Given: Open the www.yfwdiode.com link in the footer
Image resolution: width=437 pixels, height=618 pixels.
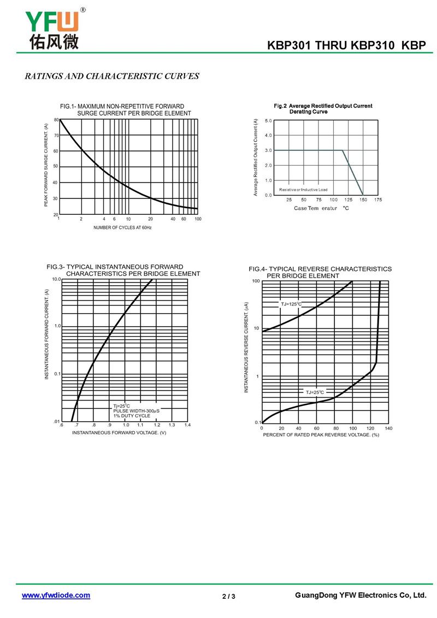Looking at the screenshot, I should click(x=56, y=596).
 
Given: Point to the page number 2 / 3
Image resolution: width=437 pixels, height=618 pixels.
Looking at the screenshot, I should click(x=229, y=596).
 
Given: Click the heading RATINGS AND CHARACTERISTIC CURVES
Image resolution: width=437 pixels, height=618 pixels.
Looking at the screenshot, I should click(x=112, y=76).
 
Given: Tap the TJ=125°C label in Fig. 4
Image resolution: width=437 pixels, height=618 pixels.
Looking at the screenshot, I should click(x=291, y=304).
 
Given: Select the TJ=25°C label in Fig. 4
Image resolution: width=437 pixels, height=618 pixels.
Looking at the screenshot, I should click(x=315, y=392).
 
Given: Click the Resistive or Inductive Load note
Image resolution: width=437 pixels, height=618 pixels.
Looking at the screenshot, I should click(x=303, y=190).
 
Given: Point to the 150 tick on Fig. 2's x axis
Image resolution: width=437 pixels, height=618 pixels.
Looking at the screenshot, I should click(x=363, y=200).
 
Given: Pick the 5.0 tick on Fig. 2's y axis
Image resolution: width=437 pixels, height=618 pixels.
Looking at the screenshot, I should click(x=268, y=120).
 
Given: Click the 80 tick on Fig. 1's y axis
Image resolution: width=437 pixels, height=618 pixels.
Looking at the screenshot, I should click(x=56, y=120).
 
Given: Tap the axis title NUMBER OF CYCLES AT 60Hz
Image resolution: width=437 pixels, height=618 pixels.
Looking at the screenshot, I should click(x=122, y=227).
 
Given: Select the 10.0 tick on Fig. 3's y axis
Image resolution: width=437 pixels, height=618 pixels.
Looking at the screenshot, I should click(x=56, y=279).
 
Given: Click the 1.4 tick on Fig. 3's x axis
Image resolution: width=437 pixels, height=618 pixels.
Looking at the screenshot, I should click(x=187, y=425).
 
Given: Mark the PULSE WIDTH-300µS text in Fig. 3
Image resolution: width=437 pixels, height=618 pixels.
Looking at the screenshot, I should click(x=136, y=411).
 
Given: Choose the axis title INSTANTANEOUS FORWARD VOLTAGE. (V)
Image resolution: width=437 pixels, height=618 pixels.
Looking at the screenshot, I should click(x=119, y=433).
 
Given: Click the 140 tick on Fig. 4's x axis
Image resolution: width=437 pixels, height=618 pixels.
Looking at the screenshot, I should click(x=388, y=428).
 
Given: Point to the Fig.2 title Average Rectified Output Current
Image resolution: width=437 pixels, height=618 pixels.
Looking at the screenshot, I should click(x=323, y=106).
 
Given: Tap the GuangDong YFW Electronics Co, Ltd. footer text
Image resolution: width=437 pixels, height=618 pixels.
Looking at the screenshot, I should click(x=360, y=596).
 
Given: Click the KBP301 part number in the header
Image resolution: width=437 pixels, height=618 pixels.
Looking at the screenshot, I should click(x=288, y=46).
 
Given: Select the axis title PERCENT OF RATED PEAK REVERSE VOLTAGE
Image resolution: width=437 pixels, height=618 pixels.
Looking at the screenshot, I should click(x=321, y=435).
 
